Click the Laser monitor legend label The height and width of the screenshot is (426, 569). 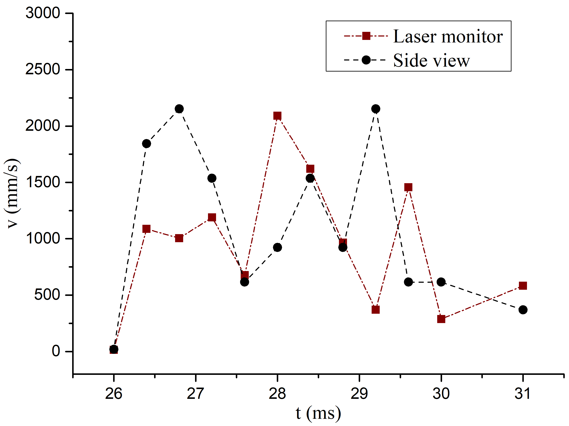448,36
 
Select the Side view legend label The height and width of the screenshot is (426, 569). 431,60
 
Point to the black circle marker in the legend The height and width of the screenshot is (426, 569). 366,60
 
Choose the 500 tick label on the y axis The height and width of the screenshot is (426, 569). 47,295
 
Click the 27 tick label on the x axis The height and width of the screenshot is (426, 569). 195,393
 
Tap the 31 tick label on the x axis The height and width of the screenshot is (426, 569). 523,393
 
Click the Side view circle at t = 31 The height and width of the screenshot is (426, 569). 523,310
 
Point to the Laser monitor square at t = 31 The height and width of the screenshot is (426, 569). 523,285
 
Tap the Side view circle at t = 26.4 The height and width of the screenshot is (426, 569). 146,143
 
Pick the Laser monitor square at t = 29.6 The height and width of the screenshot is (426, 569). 408,187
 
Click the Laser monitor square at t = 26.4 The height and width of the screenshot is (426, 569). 146,229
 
